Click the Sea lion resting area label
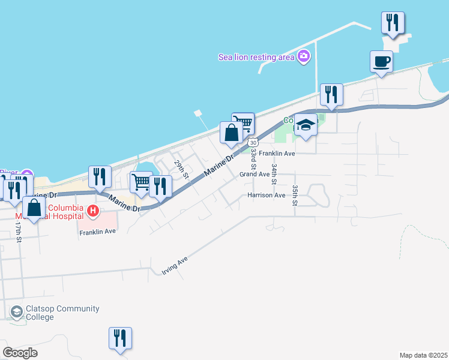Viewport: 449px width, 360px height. tap(256, 57)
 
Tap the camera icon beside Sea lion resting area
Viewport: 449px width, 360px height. tap(304, 56)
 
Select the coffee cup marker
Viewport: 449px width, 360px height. tap(381, 62)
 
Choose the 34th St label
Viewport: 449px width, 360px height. tap(274, 173)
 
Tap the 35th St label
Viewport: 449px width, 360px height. tap(295, 195)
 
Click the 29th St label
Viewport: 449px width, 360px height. tap(181, 170)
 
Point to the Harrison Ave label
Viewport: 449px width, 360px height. tap(266, 195)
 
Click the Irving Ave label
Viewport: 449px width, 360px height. tap(175, 266)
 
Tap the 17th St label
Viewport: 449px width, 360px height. tap(19, 232)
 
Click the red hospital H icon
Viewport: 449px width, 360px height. tap(92, 211)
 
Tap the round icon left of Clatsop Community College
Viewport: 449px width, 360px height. tap(17, 312)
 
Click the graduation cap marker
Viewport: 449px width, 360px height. tap(306, 125)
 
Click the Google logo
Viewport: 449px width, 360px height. tap(20, 353)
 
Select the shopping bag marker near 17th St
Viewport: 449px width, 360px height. tap(34, 208)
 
